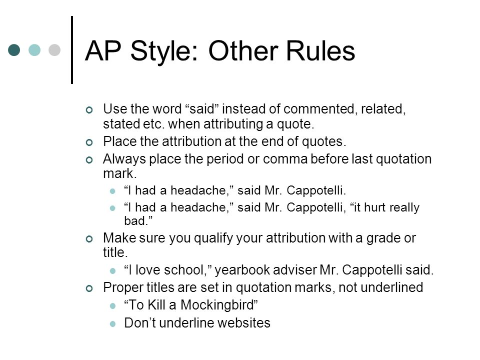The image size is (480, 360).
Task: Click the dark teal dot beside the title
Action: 14,50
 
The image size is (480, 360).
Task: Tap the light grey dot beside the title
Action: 54,50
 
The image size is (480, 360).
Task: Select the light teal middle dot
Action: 34,50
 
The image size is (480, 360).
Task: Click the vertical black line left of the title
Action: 72,50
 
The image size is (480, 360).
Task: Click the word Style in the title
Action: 164,51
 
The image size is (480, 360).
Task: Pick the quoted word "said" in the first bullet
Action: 202,108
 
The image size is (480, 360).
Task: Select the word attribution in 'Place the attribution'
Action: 191,141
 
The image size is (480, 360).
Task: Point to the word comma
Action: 285,159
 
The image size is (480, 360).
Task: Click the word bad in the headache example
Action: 134,220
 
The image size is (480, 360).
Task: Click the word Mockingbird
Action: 217,305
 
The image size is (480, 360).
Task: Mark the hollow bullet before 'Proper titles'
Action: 89,288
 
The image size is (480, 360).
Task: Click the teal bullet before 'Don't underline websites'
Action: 112,324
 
